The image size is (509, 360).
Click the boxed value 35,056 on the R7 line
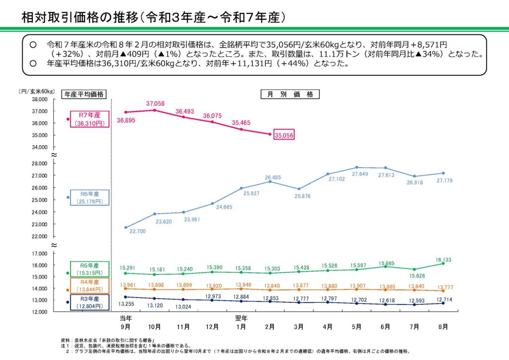point(284,135)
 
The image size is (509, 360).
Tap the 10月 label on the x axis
point(154,327)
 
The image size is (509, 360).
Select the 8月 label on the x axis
point(443,327)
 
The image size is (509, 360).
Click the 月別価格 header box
point(290,94)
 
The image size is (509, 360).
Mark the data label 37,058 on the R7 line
point(155,103)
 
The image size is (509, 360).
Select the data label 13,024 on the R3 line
point(184,307)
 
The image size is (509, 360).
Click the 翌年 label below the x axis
point(241,318)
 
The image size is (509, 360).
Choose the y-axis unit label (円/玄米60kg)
point(36,91)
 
